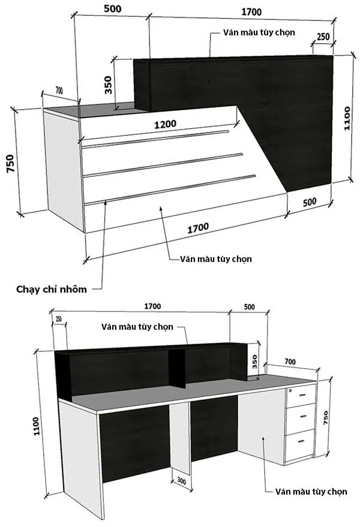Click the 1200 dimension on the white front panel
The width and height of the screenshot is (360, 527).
(x=164, y=124)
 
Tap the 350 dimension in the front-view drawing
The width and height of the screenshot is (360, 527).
(x=109, y=85)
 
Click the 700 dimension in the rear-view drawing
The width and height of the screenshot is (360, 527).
(x=290, y=362)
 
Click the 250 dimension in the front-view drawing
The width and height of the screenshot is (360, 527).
(x=323, y=37)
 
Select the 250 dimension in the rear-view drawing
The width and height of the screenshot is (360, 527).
(x=59, y=319)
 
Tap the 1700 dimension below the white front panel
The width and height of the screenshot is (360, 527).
(x=198, y=227)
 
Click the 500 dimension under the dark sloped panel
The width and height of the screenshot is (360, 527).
(x=309, y=203)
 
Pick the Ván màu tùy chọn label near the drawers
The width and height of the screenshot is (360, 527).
(x=311, y=492)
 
